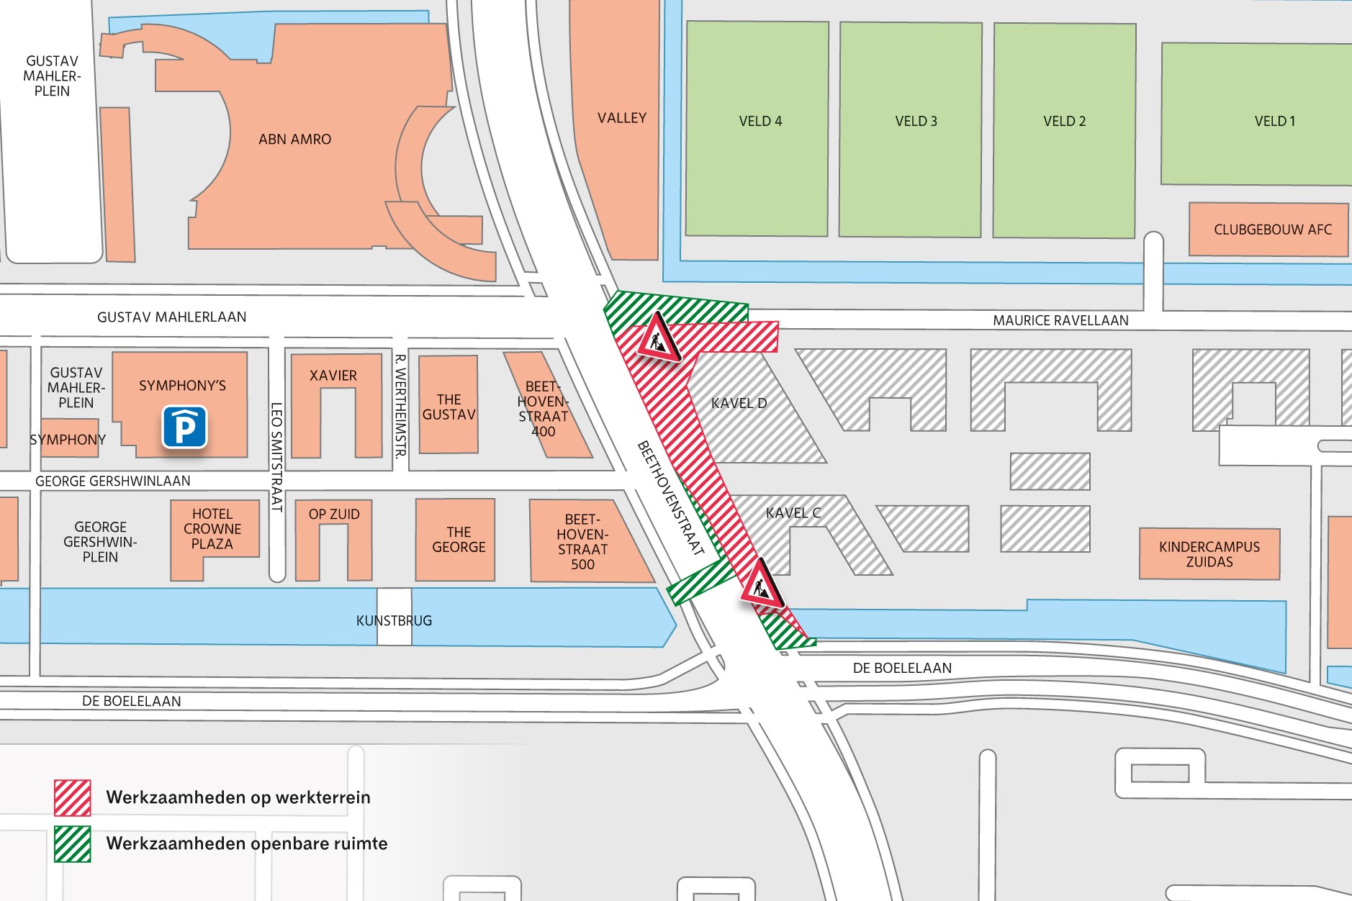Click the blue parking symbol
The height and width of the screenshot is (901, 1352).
coord(184,427)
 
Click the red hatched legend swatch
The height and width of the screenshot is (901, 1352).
coord(73,797)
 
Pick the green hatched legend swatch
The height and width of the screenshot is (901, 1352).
coord(73,843)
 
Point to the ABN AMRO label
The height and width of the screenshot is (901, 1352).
coord(294,140)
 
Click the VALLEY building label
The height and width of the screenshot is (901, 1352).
coord(622,118)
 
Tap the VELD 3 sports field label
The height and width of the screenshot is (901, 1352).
coord(916,122)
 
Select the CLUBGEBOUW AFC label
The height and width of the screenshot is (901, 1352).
coord(1272,230)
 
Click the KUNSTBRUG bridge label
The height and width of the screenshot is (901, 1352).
coord(394,620)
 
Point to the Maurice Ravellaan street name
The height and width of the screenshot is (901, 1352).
coord(1060,321)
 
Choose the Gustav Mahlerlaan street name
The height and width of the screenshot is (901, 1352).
coord(171,317)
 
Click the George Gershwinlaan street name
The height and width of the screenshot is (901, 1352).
coord(113,481)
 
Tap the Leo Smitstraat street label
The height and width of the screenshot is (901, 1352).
coord(276,457)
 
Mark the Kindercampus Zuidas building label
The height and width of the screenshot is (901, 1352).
coord(1209,554)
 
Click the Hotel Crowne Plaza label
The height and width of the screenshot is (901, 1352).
coord(212,529)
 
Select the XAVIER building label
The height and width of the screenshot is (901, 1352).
coord(333,376)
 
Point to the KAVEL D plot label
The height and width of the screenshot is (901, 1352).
coord(739,403)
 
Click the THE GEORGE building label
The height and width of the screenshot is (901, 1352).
coord(459,540)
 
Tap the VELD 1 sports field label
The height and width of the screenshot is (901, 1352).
coord(1274,122)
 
